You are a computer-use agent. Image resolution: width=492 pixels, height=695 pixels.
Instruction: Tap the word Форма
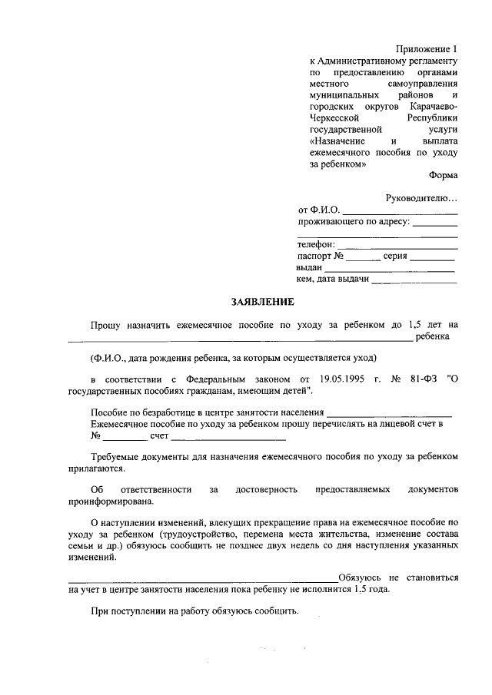pos(444,174)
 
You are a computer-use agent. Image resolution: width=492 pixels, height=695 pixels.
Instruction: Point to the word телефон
pos(316,245)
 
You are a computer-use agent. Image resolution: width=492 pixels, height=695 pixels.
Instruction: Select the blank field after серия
pos(433,257)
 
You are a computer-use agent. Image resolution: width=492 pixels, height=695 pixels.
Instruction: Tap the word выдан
pos(309,268)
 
